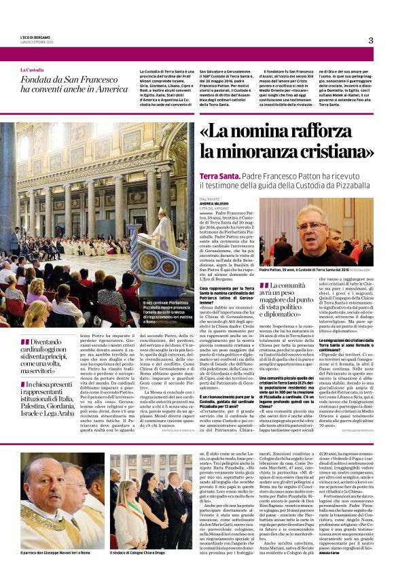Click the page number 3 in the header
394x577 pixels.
tap(371, 40)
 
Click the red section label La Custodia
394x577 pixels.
tap(31, 69)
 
